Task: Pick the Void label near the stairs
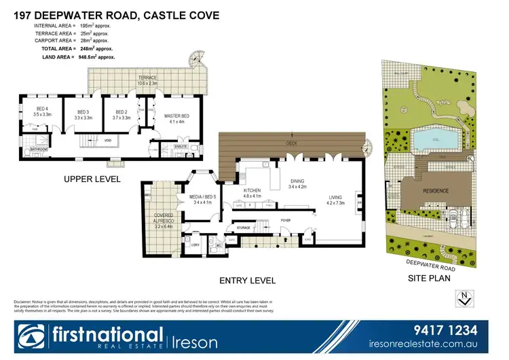point(108,141)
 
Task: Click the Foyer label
point(286,220)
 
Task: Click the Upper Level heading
point(92,179)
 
